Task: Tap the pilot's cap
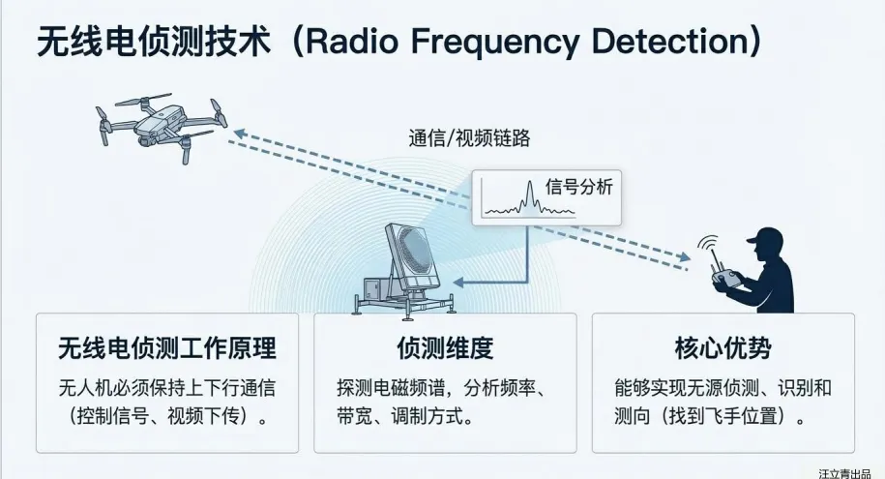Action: point(769,238)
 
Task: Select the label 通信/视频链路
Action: point(468,137)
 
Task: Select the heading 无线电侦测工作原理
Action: point(166,347)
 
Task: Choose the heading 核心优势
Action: point(723,347)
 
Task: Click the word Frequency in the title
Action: point(510,44)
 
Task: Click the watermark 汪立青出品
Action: point(848,473)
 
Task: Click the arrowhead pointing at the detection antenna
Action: point(458,283)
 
